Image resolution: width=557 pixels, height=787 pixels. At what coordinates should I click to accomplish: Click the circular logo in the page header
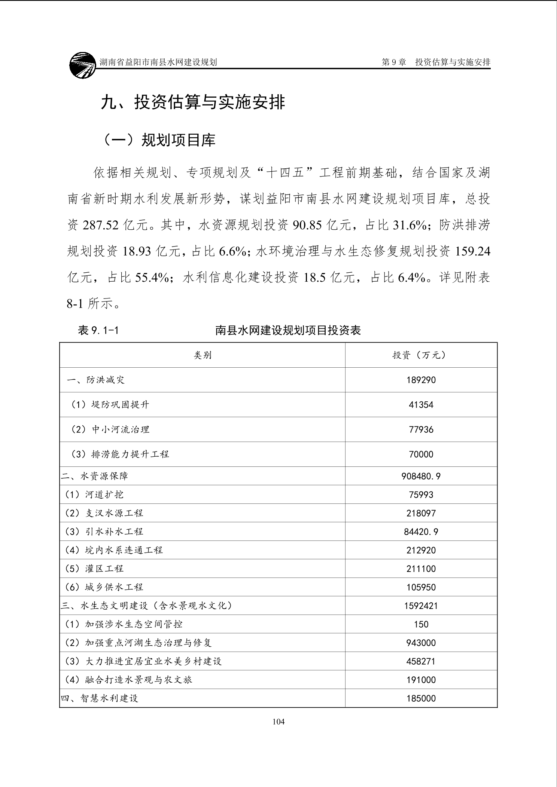(x=83, y=65)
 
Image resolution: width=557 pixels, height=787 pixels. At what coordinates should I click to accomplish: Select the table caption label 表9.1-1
(x=98, y=330)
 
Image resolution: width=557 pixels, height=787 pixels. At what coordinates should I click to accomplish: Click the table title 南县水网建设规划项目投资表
(x=288, y=330)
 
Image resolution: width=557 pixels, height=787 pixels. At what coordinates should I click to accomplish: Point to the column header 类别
(x=203, y=355)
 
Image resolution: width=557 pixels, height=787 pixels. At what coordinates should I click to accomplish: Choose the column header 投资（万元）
(x=421, y=355)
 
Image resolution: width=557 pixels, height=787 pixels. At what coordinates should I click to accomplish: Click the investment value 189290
(x=421, y=380)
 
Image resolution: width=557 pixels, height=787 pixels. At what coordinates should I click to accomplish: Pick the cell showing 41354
(x=421, y=405)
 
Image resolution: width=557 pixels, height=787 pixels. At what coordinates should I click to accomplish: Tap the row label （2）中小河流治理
(x=110, y=429)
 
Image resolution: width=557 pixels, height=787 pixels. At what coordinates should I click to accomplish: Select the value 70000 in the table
(x=421, y=454)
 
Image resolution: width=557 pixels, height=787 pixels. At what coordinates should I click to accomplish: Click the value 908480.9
(x=421, y=476)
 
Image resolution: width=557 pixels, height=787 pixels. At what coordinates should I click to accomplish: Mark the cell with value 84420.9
(x=421, y=532)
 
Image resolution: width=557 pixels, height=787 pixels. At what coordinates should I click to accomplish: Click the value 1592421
(x=421, y=606)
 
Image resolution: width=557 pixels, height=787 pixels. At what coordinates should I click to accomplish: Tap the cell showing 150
(x=421, y=624)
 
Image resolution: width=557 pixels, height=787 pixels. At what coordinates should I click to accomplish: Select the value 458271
(x=421, y=661)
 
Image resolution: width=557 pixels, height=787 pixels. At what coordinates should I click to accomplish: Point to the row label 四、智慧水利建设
(x=100, y=698)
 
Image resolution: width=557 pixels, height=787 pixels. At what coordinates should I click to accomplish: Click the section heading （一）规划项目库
(x=159, y=140)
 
